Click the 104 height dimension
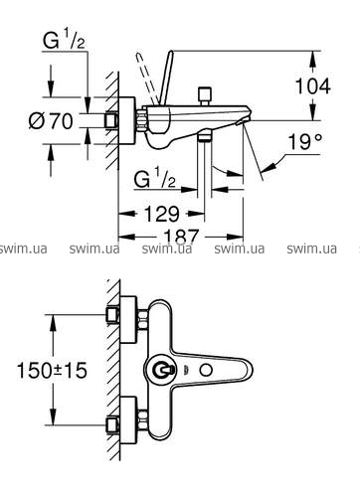coord(312,86)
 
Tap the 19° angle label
coord(304,141)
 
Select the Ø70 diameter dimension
coord(51,120)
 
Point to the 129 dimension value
coord(162,214)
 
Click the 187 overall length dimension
coord(181,236)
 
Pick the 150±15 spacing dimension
coord(52,370)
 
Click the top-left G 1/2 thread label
coord(64,40)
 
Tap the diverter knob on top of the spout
coord(204,96)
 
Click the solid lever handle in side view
coord(166,79)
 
